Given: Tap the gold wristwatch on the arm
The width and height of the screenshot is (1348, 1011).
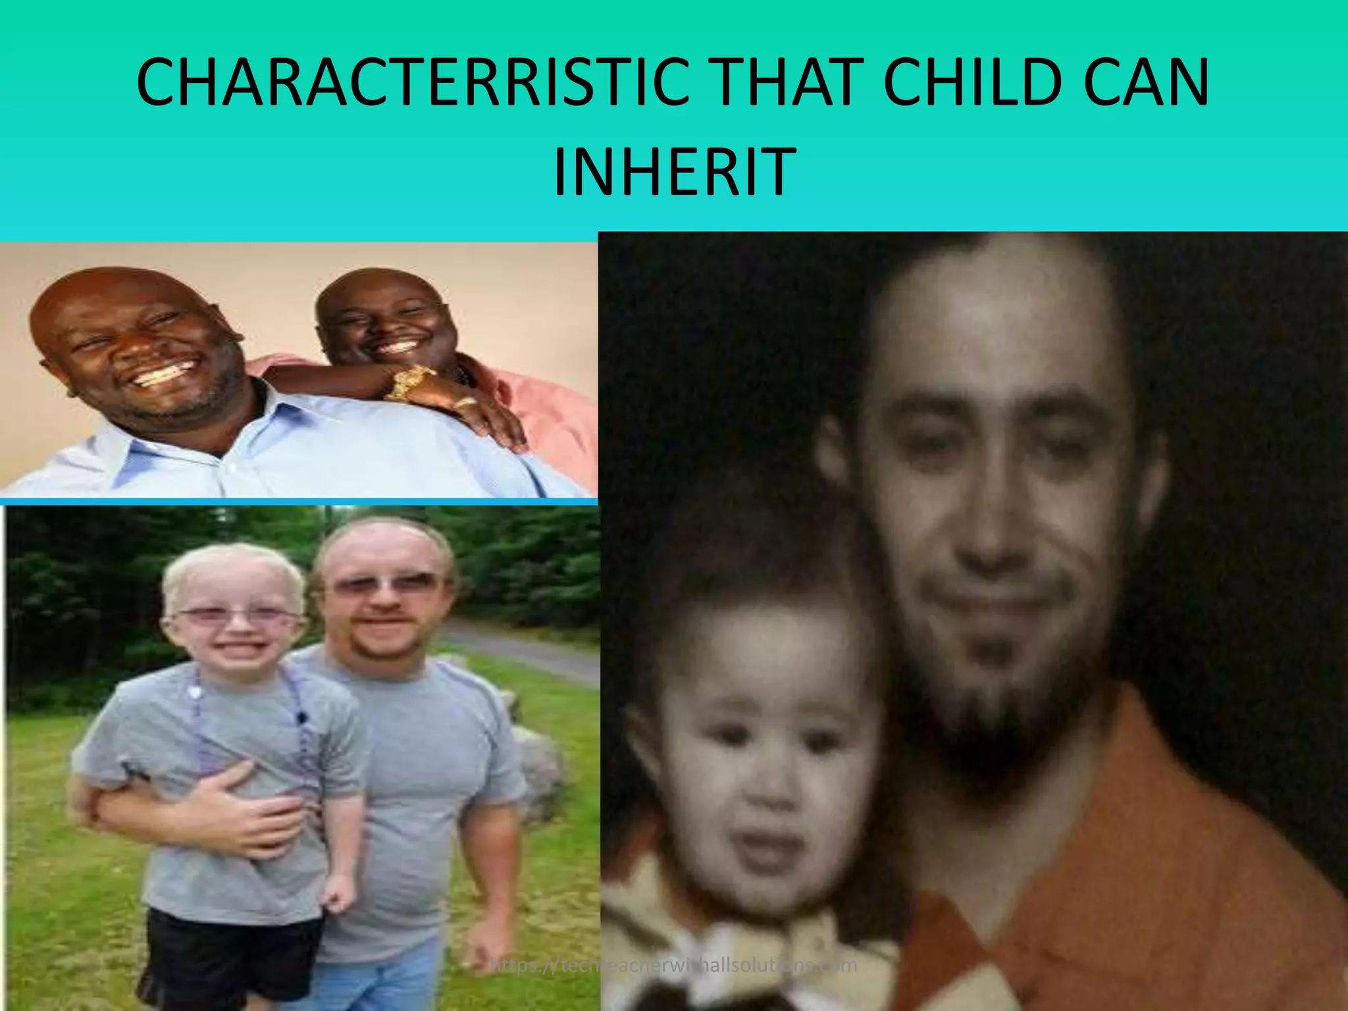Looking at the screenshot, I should point(409,382).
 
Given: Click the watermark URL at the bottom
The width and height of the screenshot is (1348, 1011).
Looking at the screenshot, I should point(673,966).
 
